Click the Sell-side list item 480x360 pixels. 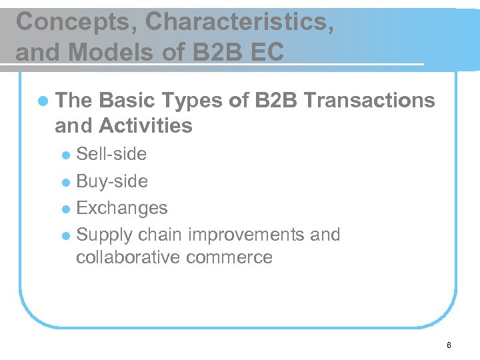point(111,154)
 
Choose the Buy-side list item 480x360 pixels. point(112,181)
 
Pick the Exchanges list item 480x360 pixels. point(122,208)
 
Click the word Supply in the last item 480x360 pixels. point(105,235)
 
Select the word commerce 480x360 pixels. point(231,257)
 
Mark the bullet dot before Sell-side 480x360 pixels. point(65,155)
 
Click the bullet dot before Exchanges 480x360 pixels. point(65,209)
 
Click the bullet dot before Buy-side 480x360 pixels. point(65,182)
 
